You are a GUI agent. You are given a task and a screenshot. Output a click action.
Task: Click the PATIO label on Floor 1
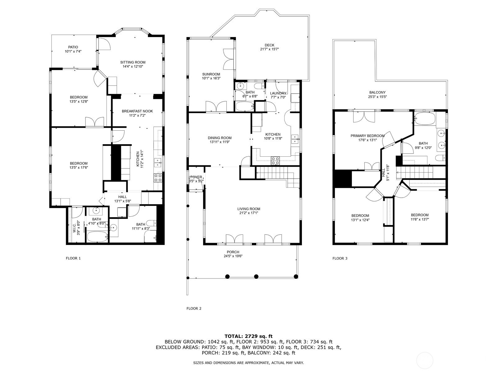[x=73, y=47]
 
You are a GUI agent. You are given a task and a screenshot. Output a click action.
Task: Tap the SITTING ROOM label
[x=133, y=62]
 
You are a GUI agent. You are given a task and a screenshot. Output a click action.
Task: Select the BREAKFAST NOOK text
[x=137, y=111]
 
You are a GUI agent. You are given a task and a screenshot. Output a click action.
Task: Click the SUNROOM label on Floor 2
[x=211, y=74]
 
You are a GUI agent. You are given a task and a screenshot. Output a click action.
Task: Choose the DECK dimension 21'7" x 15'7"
[x=269, y=49]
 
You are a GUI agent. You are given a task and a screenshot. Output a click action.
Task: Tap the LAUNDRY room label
[x=278, y=93]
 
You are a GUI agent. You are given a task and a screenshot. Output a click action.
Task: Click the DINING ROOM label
[x=220, y=138]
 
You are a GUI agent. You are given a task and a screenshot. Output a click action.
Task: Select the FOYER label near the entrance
[x=196, y=177]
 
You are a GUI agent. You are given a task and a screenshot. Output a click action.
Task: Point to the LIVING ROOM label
[x=248, y=209]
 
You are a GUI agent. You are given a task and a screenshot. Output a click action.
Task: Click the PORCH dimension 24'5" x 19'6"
[x=233, y=256]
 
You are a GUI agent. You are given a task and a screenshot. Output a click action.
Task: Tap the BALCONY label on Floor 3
[x=377, y=92]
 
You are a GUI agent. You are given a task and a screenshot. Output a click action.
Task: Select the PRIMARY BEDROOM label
[x=367, y=136]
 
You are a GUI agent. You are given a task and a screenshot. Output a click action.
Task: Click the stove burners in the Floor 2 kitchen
[x=275, y=161]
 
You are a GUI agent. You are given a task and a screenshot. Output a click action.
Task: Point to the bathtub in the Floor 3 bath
[x=425, y=118]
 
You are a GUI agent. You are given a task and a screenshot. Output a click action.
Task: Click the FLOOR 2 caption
[x=194, y=308]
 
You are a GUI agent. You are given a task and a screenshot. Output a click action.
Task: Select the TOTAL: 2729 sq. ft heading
[x=248, y=336]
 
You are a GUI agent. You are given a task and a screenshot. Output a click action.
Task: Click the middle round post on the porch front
[x=256, y=277]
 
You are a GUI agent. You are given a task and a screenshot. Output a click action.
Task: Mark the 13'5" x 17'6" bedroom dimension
[x=79, y=168]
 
